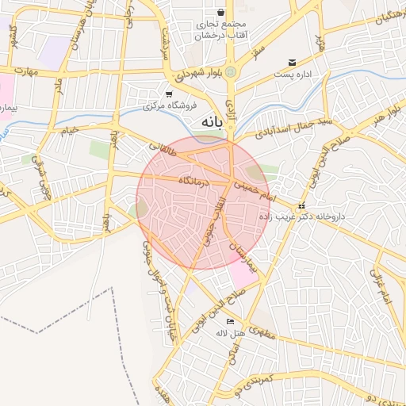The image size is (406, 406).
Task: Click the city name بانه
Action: pyautogui.click(x=205, y=122)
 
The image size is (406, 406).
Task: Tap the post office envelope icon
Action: pyautogui.click(x=292, y=62)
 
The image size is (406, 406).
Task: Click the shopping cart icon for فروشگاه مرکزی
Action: pyautogui.click(x=169, y=94)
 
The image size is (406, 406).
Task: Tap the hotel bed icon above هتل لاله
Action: pyautogui.click(x=230, y=321)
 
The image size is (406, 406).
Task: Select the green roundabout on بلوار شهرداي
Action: pyautogui.click(x=230, y=72)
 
